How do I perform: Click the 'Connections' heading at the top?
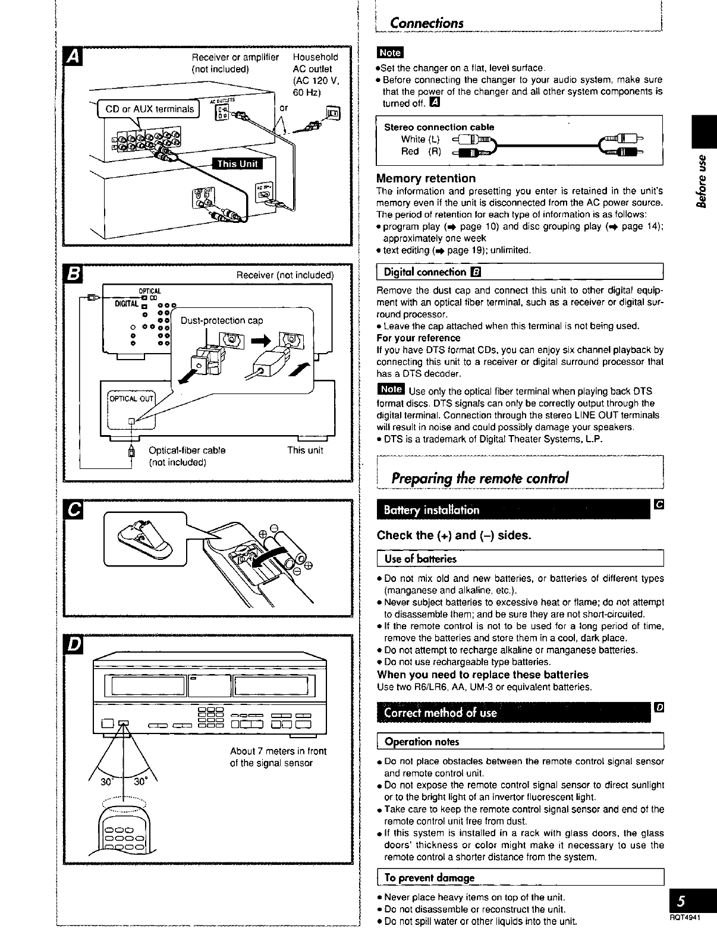click(x=426, y=23)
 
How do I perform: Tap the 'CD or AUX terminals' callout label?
click(x=149, y=109)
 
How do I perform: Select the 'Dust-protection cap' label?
click(x=221, y=321)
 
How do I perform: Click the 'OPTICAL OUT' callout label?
click(x=130, y=398)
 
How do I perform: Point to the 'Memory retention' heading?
click(x=426, y=178)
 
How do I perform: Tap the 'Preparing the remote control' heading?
click(x=480, y=478)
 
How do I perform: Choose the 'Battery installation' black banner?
click(x=432, y=510)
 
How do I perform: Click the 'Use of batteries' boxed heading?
click(x=421, y=559)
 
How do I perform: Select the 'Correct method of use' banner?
click(x=441, y=713)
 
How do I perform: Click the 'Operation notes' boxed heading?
click(x=422, y=742)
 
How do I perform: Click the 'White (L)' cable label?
click(x=420, y=139)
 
